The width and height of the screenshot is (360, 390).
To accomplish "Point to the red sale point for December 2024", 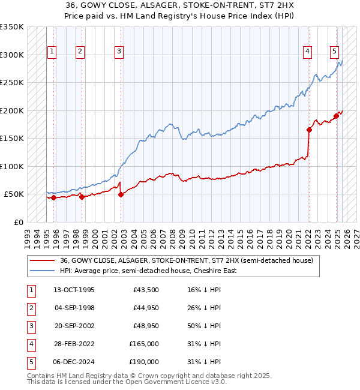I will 337,116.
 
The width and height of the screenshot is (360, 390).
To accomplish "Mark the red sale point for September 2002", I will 121,194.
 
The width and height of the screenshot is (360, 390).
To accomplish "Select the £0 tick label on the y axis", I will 18,222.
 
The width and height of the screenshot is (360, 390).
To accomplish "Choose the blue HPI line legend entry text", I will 148,271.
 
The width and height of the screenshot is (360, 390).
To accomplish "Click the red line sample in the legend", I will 43,260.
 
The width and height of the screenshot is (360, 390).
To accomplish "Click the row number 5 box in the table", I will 29,362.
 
